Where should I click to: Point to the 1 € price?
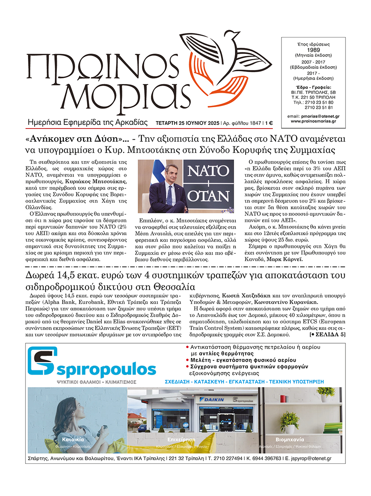269,123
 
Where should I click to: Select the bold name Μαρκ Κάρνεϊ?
285,260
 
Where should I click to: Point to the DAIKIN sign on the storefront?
214,399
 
